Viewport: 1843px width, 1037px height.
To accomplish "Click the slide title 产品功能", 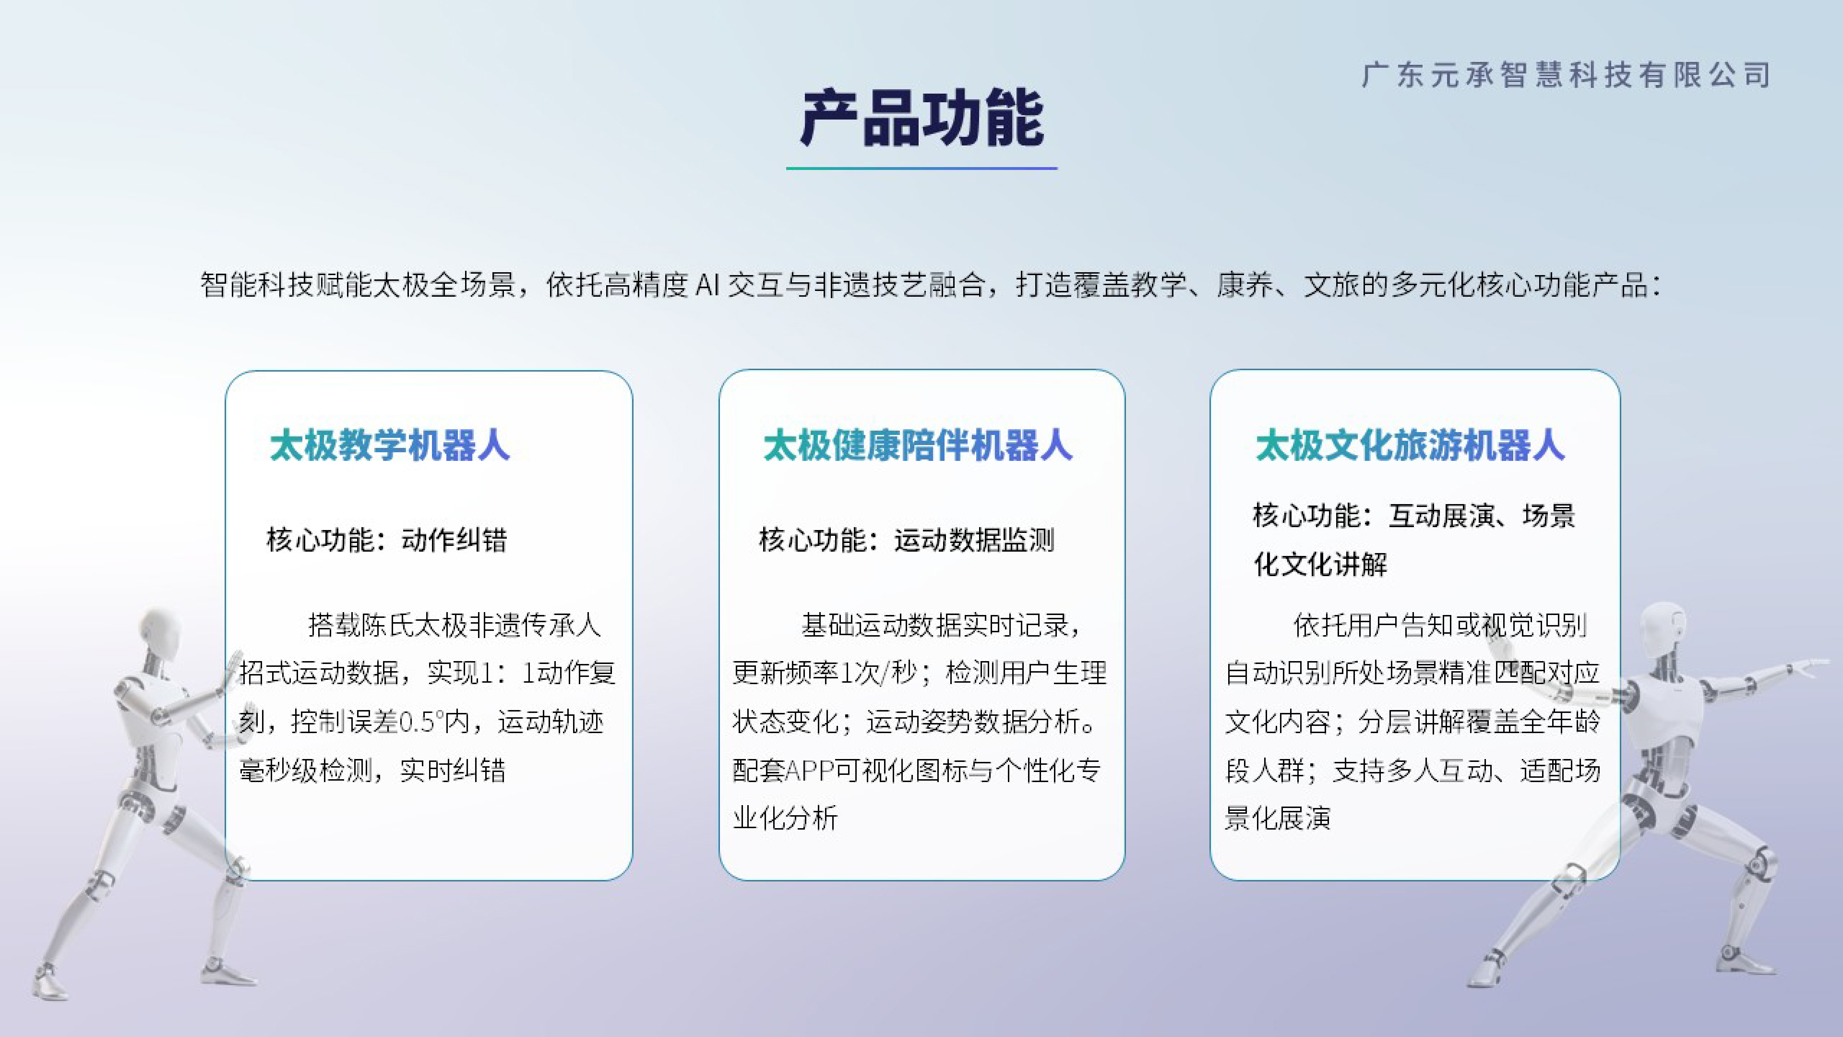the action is [921, 118].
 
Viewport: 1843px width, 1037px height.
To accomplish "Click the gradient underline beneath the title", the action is [921, 168].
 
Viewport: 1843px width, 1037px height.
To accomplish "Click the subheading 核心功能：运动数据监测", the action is [906, 540].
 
